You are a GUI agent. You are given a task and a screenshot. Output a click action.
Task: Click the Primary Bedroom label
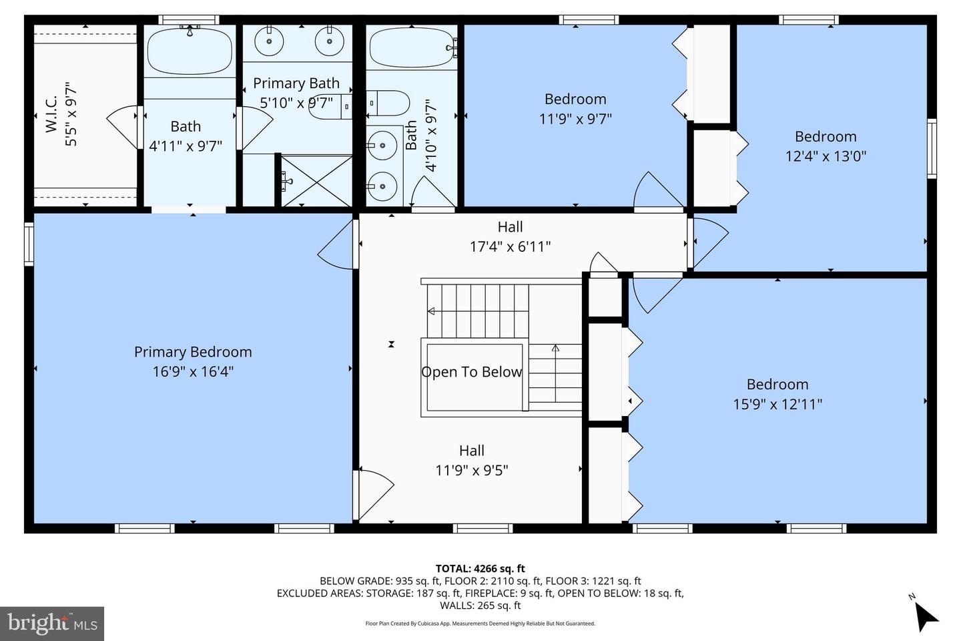(x=193, y=352)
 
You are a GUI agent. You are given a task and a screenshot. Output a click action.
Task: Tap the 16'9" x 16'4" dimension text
(x=193, y=371)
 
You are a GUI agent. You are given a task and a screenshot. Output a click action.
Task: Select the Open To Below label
(x=471, y=372)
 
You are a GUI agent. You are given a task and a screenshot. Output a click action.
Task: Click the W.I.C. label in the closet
(x=52, y=114)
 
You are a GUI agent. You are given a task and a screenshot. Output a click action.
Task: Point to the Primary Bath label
(x=296, y=83)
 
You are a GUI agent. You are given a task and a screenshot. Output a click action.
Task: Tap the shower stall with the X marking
(x=315, y=180)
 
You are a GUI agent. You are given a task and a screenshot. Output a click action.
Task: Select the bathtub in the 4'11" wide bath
(x=190, y=51)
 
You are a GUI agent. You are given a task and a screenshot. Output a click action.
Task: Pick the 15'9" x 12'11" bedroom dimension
(x=777, y=404)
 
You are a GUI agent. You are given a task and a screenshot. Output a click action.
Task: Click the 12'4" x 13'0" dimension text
(x=826, y=156)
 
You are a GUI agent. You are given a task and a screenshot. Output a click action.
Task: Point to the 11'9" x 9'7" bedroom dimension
(x=575, y=119)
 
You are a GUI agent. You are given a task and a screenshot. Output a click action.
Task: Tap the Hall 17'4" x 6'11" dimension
(x=510, y=246)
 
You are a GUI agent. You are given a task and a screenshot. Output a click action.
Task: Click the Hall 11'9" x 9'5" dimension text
(x=471, y=470)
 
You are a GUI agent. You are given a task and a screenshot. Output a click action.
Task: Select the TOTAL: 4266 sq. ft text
(x=480, y=569)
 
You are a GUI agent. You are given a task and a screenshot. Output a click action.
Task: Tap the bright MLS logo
(x=52, y=624)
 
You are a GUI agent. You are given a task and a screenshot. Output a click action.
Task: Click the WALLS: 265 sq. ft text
(x=480, y=606)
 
